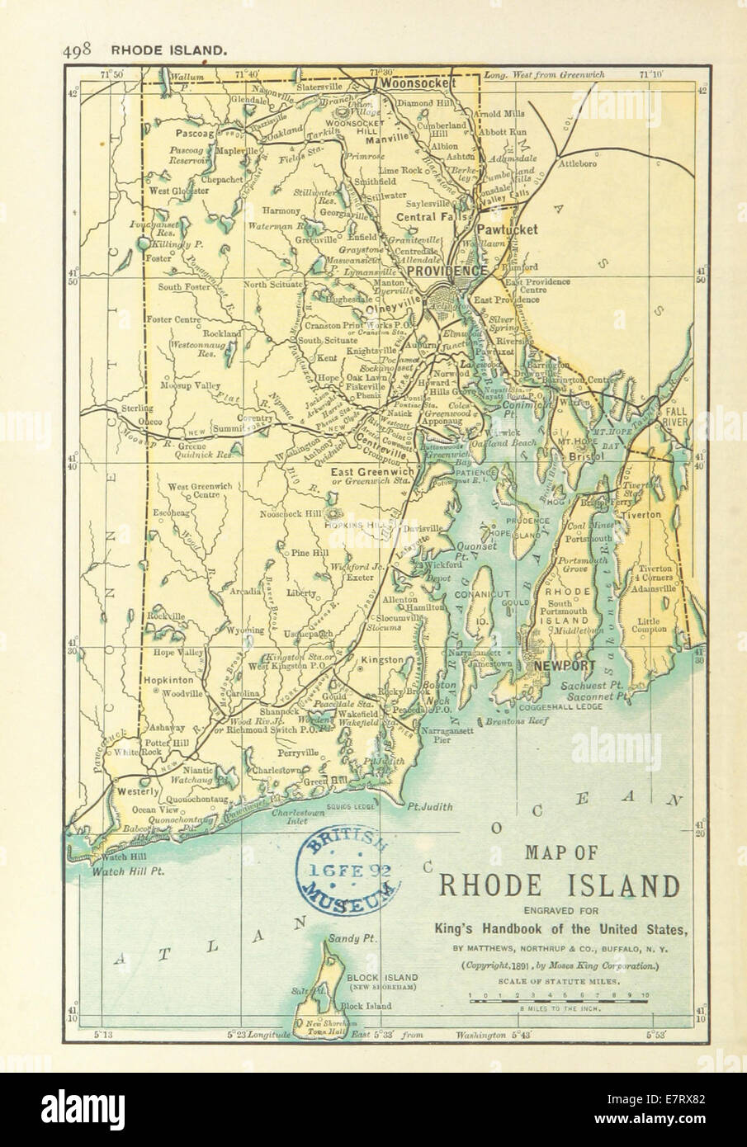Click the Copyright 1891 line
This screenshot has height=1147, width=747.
[x=560, y=964]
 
